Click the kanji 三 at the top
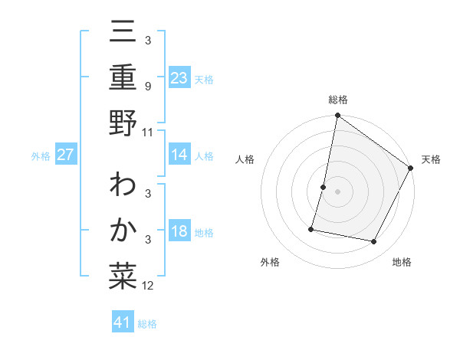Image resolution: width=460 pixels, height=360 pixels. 123,34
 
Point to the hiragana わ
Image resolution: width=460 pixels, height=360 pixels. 123,187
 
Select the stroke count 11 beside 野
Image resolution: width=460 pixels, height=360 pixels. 148,132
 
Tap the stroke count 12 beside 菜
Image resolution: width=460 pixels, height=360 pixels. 148,286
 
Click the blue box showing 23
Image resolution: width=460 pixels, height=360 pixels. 179,77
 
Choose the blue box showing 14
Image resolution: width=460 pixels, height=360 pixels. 179,155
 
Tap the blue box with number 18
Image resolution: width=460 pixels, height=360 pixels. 179,232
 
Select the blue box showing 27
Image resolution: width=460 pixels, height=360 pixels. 65,155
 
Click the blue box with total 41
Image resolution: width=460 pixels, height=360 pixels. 123,322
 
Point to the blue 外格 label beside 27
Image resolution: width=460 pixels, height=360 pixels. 41,156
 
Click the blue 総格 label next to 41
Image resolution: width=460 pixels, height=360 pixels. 147,324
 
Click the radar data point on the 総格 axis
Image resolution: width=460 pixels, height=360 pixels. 337,116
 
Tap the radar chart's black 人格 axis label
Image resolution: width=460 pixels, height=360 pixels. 245,159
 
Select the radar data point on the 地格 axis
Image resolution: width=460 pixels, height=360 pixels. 374,241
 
